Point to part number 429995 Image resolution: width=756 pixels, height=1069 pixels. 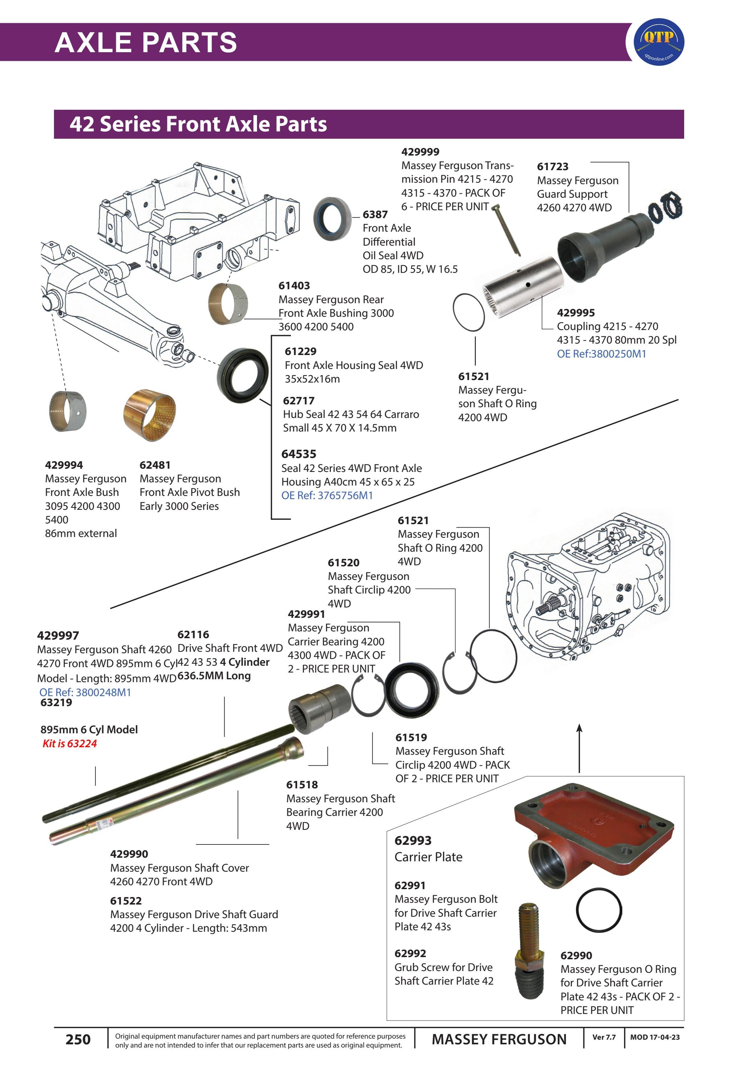(x=575, y=312)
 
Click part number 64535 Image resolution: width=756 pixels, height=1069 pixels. (x=298, y=454)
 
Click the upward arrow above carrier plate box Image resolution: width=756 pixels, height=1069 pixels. (x=579, y=747)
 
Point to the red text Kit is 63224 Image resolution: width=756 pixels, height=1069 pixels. (x=69, y=744)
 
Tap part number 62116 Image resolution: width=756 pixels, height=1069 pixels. (x=193, y=634)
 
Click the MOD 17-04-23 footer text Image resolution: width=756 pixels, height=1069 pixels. (x=654, y=1037)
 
